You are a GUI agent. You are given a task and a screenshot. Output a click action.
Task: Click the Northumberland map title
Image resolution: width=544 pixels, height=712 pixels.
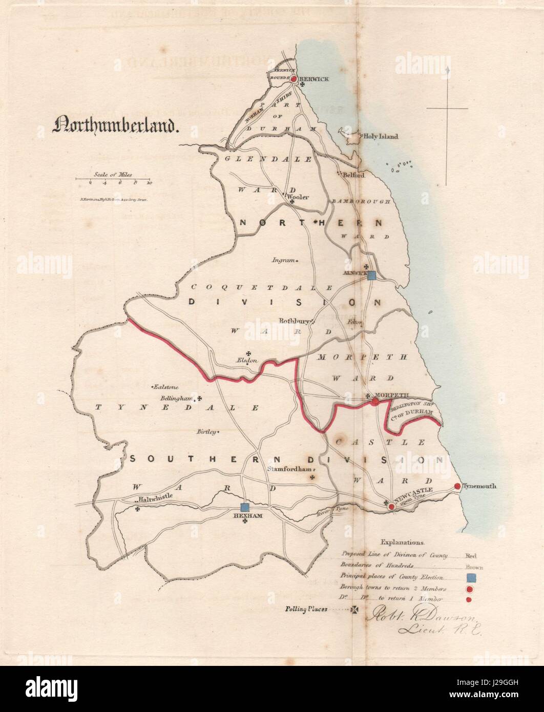[x=116, y=126]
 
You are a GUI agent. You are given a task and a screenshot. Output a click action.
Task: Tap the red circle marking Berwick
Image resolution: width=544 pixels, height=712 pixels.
[x=294, y=79]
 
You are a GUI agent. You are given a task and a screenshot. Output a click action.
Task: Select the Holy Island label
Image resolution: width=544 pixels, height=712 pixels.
[x=380, y=137]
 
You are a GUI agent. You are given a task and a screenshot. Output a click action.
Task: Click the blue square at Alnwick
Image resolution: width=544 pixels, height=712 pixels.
[x=372, y=276]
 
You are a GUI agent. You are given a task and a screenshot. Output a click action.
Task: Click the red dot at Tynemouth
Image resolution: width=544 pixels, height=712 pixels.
[x=457, y=486]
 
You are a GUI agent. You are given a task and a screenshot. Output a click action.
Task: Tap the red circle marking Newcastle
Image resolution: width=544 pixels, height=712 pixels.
[x=391, y=506]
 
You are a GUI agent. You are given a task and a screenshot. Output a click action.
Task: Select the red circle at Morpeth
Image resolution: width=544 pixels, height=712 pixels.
[x=375, y=402]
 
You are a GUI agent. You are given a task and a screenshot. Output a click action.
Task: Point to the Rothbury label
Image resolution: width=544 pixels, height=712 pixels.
[x=294, y=321]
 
